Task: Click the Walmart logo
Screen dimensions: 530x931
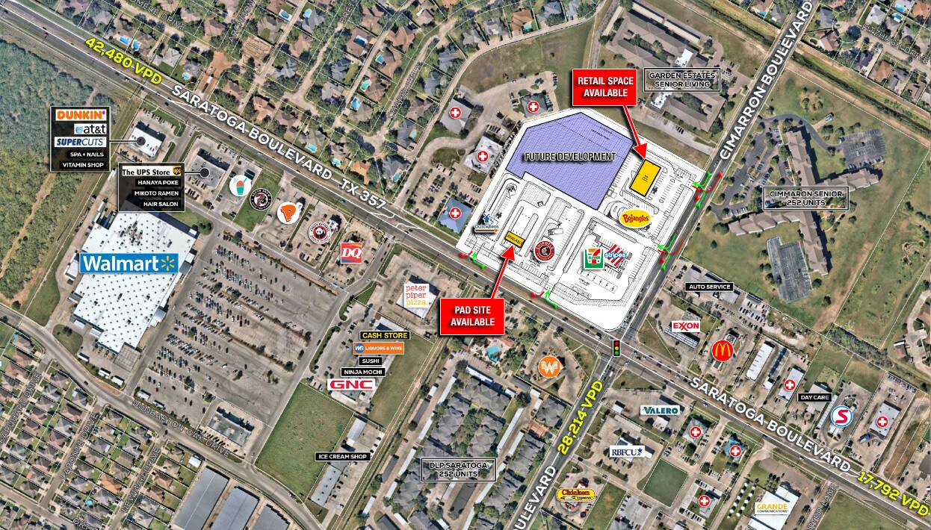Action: pyautogui.click(x=129, y=263)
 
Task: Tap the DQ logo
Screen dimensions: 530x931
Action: pyautogui.click(x=351, y=252)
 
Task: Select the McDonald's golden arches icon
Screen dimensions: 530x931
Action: pyautogui.click(x=722, y=351)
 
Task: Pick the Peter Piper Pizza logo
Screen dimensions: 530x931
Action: pyautogui.click(x=420, y=293)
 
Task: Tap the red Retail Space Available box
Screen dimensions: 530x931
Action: pyautogui.click(x=605, y=86)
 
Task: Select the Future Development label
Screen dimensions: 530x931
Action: pyautogui.click(x=569, y=157)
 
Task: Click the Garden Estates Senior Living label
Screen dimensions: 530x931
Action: pyautogui.click(x=681, y=80)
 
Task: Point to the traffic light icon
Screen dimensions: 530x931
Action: pyautogui.click(x=617, y=348)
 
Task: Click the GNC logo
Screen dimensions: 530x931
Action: pyautogui.click(x=350, y=384)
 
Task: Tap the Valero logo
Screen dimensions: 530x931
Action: pyautogui.click(x=660, y=411)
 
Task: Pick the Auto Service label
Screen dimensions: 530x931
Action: pyautogui.click(x=709, y=287)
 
